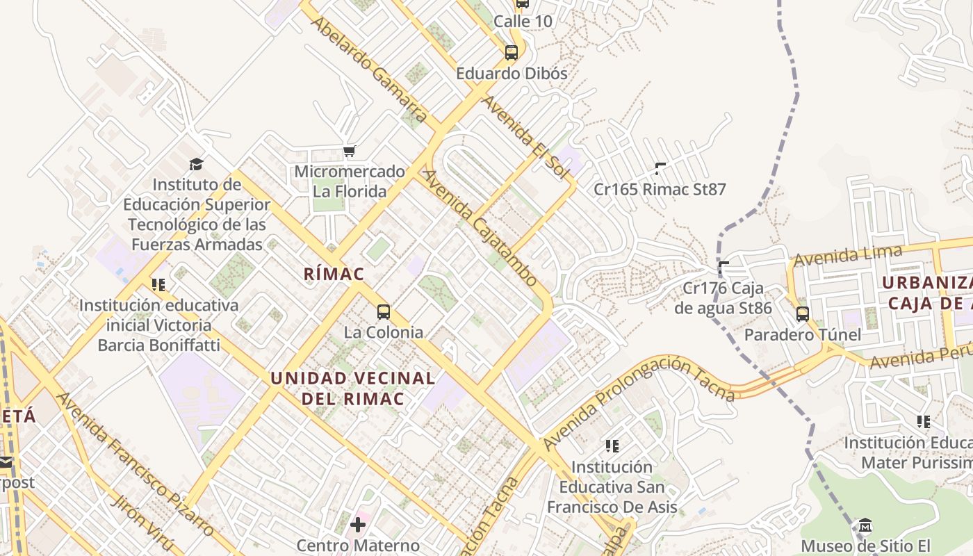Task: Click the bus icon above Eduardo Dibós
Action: pyautogui.click(x=512, y=52)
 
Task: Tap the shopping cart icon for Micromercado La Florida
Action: pyautogui.click(x=350, y=151)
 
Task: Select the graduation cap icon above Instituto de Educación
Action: pyautogui.click(x=197, y=165)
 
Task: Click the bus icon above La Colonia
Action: pyautogui.click(x=383, y=311)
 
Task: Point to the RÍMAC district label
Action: pyautogui.click(x=334, y=274)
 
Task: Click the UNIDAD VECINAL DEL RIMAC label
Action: pyautogui.click(x=352, y=389)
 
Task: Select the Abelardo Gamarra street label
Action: pyautogui.click(x=368, y=69)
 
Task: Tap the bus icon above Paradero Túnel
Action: pyautogui.click(x=803, y=313)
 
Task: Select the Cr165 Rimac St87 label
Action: pyautogui.click(x=660, y=189)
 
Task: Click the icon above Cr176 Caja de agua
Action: pyautogui.click(x=723, y=266)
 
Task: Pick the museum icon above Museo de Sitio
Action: pyautogui.click(x=865, y=525)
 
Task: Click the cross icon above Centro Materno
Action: pyautogui.click(x=358, y=524)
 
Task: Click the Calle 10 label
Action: pyautogui.click(x=523, y=22)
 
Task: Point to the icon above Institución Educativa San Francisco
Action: pyautogui.click(x=612, y=445)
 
